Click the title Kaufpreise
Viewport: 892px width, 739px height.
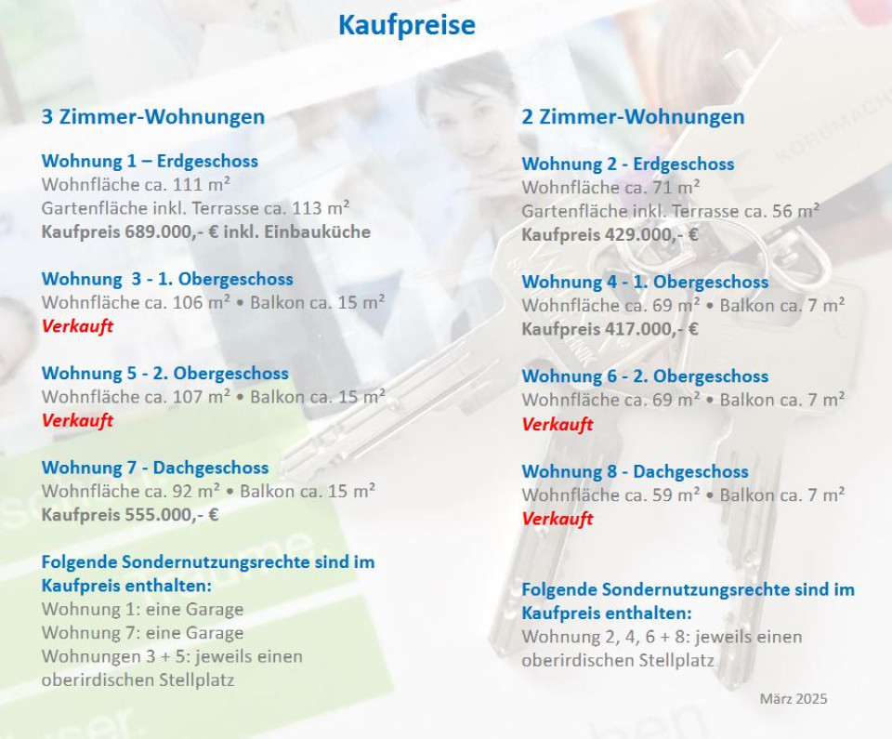407,25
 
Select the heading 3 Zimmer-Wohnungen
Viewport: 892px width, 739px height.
153,117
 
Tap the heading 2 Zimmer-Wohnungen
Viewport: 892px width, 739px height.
633,117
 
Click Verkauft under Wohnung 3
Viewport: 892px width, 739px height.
77,326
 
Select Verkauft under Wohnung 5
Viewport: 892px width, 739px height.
77,421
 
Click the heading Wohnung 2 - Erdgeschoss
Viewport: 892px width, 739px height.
628,164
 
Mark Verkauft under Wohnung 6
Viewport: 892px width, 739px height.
557,424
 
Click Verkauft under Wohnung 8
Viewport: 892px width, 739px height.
557,519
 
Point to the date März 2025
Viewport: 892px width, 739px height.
794,699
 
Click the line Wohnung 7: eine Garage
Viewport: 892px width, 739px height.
142,632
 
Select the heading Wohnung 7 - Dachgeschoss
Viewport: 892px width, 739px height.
155,468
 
